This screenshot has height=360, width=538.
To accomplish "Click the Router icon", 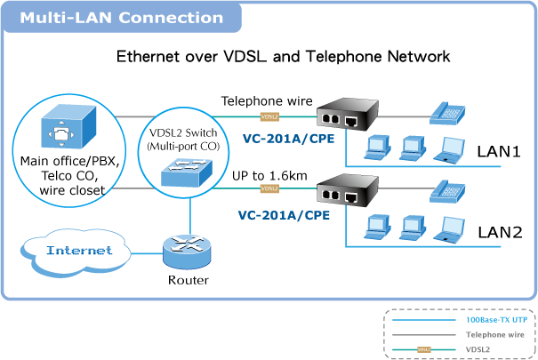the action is point(187,252).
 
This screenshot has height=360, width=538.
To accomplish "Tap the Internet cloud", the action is point(76,252).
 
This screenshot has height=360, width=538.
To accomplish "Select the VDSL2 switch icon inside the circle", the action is point(187,172).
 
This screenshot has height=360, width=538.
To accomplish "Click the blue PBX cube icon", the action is point(68,126).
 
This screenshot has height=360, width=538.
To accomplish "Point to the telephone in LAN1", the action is point(447,113).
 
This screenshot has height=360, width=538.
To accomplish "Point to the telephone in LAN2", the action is point(447,191).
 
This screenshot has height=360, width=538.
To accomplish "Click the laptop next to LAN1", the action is point(449,149).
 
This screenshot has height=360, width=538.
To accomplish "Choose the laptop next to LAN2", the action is point(449,229).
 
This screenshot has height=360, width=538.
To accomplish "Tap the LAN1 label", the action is point(499,151).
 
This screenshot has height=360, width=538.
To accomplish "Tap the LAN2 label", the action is point(500,233).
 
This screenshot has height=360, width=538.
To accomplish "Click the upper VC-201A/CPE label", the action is point(288,139).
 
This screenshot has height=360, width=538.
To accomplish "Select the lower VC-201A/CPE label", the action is point(284,215).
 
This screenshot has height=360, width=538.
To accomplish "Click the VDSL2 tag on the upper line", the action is point(269,117).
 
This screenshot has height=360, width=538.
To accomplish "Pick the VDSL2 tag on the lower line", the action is point(269,188).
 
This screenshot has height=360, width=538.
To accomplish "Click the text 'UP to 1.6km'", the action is point(269,176).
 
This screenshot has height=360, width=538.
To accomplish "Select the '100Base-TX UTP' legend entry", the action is point(496,320).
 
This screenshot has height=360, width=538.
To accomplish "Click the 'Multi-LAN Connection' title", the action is point(122,18).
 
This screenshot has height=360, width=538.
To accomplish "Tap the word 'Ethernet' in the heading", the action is point(148,57).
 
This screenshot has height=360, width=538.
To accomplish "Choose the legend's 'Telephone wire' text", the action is point(494,334).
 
